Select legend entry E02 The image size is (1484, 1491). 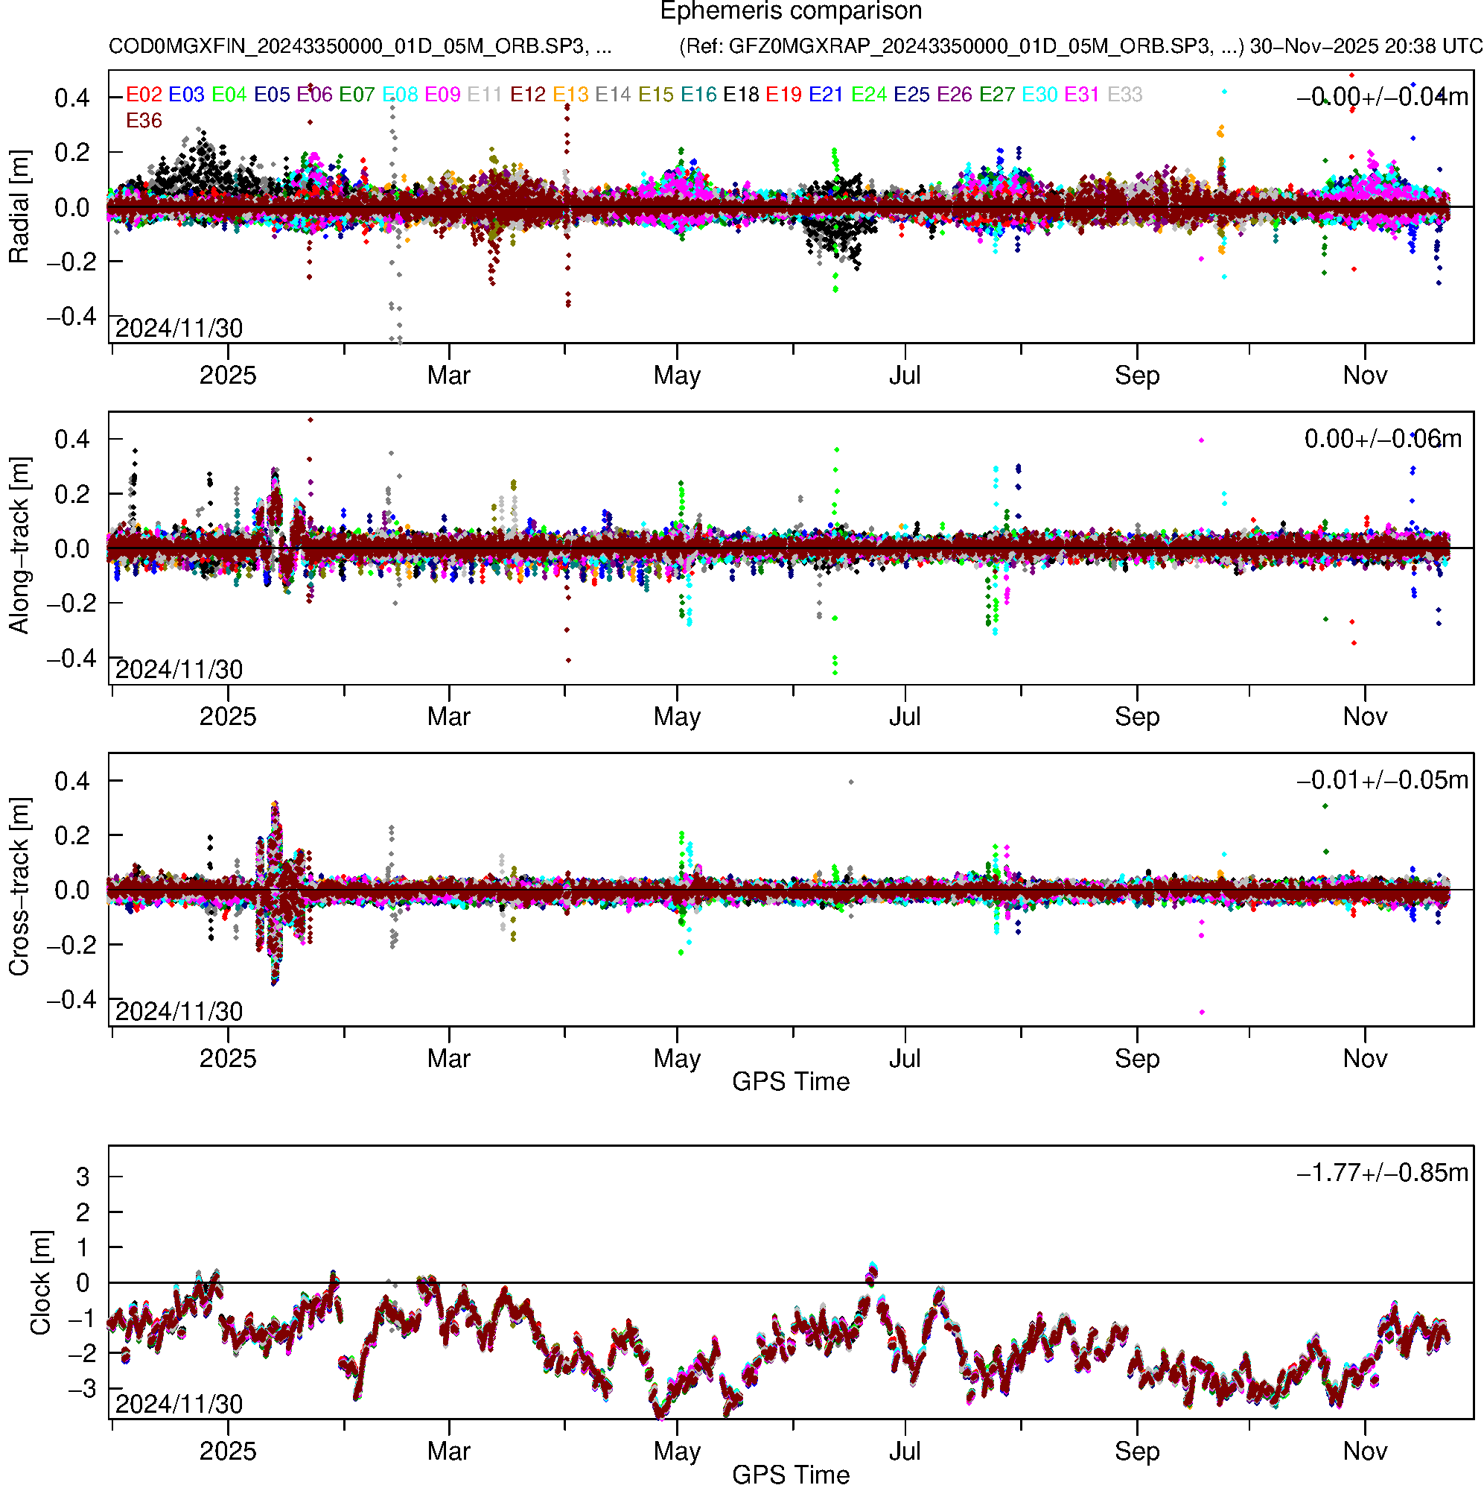tap(144, 95)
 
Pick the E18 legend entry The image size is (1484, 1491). tap(740, 95)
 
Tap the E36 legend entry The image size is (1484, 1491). tap(144, 121)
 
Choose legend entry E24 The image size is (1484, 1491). tap(868, 95)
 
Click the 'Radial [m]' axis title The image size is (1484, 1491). tap(19, 207)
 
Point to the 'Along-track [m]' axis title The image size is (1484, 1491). tap(19, 545)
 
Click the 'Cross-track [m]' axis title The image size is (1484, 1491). tap(19, 887)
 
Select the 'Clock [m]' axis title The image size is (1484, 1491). tap(40, 1282)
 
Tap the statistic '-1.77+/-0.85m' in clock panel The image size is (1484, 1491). tap(1382, 1173)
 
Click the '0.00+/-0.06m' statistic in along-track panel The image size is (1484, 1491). tap(1382, 439)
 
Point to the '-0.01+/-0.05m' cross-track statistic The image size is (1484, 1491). tap(1382, 780)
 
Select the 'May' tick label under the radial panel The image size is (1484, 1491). tap(676, 376)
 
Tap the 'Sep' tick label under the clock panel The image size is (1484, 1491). tap(1137, 1452)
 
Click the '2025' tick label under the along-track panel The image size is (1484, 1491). tap(228, 717)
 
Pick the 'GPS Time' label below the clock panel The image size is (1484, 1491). tap(791, 1475)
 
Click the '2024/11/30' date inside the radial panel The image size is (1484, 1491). tap(179, 329)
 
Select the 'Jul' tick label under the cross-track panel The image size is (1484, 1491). tap(905, 1059)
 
